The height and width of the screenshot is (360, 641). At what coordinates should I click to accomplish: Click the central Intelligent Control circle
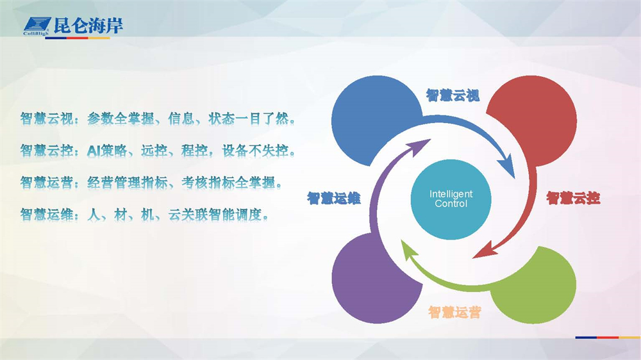click(x=451, y=199)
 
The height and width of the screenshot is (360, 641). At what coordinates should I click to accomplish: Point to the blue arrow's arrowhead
click(x=507, y=165)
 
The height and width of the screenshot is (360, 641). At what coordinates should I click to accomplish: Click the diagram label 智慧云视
click(x=453, y=95)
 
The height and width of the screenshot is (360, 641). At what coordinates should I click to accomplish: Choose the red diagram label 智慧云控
click(x=573, y=198)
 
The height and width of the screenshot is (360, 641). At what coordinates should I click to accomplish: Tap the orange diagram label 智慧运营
click(x=454, y=313)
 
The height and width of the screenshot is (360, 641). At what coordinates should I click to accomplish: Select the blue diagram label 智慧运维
click(x=333, y=199)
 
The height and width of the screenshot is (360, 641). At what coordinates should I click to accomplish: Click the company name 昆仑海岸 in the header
click(x=88, y=26)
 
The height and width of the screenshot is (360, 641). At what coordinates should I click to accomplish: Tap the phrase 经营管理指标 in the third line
click(x=128, y=183)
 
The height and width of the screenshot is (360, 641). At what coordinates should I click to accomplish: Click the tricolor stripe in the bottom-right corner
click(x=608, y=338)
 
